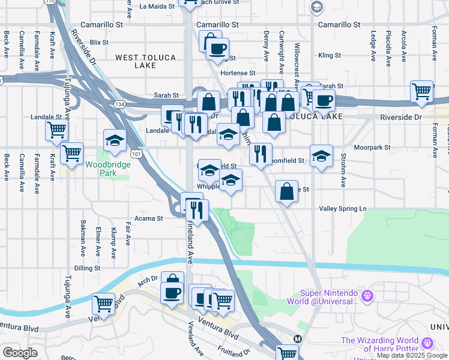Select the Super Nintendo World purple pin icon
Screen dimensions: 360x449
(x=369, y=296)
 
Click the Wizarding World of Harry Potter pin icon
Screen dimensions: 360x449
(x=427, y=343)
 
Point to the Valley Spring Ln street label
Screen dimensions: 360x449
(x=342, y=208)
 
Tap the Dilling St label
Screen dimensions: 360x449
(x=88, y=268)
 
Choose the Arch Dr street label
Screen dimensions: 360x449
(x=147, y=278)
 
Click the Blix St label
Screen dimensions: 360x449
(x=99, y=43)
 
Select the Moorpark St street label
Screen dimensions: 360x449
(x=372, y=147)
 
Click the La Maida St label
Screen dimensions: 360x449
(x=157, y=7)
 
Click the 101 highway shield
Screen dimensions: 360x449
(x=137, y=155)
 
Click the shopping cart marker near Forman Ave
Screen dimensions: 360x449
(x=422, y=91)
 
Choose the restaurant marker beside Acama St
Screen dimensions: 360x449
(x=196, y=209)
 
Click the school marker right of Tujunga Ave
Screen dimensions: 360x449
(x=115, y=140)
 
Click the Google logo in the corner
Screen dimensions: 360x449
(x=20, y=353)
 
